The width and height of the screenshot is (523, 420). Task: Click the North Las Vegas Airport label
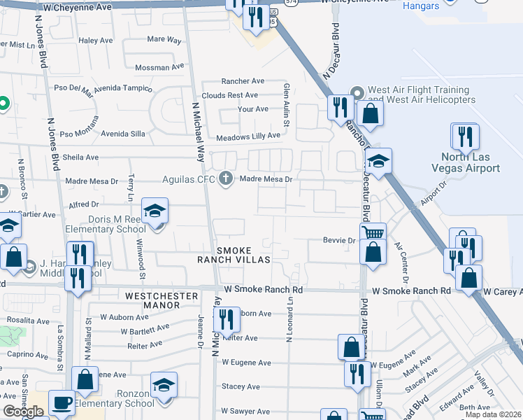point(466,162)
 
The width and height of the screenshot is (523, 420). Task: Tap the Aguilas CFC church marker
point(225,178)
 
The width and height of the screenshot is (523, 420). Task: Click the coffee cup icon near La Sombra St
point(61,402)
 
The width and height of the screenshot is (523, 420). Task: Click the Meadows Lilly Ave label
point(248,137)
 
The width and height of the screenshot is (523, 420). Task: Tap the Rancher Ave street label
point(243,81)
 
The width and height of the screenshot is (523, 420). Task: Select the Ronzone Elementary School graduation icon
point(164,385)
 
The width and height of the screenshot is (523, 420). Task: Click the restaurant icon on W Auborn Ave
point(227,320)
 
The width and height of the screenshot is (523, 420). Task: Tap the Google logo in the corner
point(23,412)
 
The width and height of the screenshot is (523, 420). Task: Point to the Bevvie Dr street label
point(339,240)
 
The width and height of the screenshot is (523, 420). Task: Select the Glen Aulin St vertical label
point(286,101)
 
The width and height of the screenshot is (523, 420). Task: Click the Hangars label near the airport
point(422,6)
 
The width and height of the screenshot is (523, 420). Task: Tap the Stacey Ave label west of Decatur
point(241,386)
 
